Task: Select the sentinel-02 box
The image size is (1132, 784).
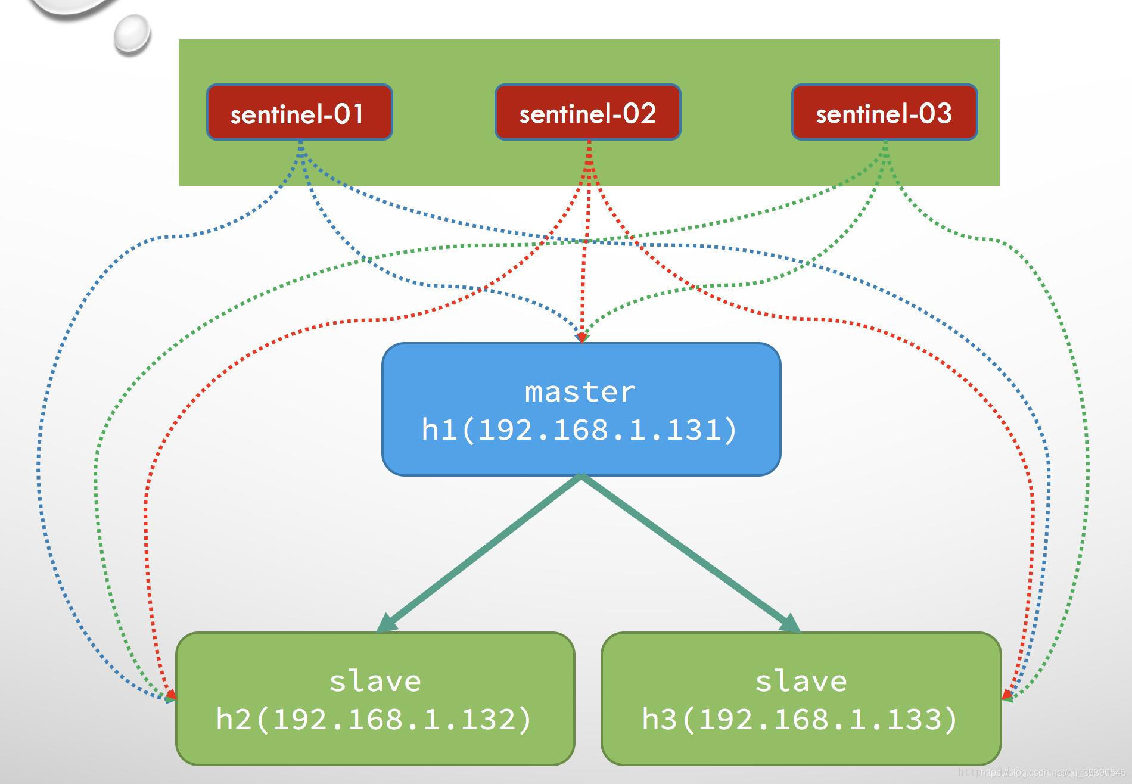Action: pyautogui.click(x=587, y=113)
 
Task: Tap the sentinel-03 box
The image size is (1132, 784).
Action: pyautogui.click(x=884, y=113)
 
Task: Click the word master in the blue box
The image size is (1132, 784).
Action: pyautogui.click(x=580, y=392)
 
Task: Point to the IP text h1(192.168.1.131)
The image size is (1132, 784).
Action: pyautogui.click(x=580, y=430)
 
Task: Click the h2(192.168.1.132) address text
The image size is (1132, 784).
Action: pyautogui.click(x=374, y=719)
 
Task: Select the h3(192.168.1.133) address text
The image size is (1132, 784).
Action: pyautogui.click(x=800, y=719)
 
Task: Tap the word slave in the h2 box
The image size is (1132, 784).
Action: pyautogui.click(x=375, y=681)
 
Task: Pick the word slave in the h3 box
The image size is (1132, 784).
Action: pyautogui.click(x=801, y=681)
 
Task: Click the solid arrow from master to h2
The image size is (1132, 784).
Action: pyautogui.click(x=483, y=552)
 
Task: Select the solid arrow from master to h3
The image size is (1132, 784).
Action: pyautogui.click(x=685, y=552)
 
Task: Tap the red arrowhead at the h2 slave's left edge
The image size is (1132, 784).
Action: pyautogui.click(x=172, y=694)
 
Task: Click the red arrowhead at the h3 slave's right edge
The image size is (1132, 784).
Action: pyautogui.click(x=1006, y=694)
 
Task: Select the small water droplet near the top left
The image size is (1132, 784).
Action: pyautogui.click(x=132, y=34)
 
